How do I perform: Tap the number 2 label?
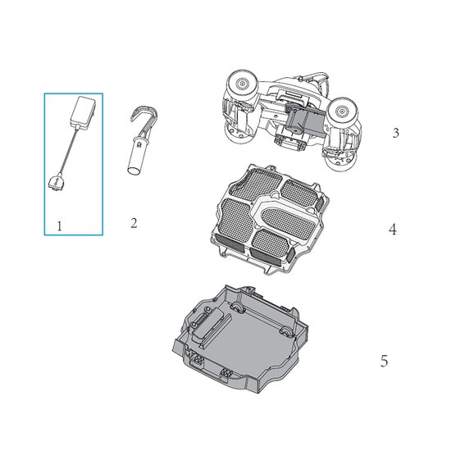point(134,223)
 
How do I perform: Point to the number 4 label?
point(393,230)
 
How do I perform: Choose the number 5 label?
point(385,361)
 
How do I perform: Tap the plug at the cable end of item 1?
point(57,181)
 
